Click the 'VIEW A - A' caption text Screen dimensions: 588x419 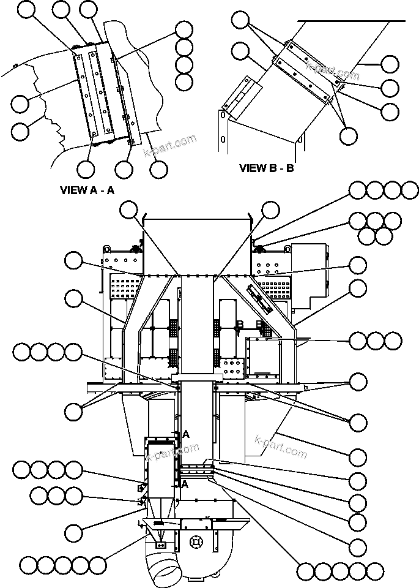pyautogui.click(x=87, y=190)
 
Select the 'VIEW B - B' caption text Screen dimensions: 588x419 pyautogui.click(x=267, y=168)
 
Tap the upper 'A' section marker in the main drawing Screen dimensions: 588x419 pyautogui.click(x=186, y=434)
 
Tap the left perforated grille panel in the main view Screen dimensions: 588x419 pyautogui.click(x=125, y=287)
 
